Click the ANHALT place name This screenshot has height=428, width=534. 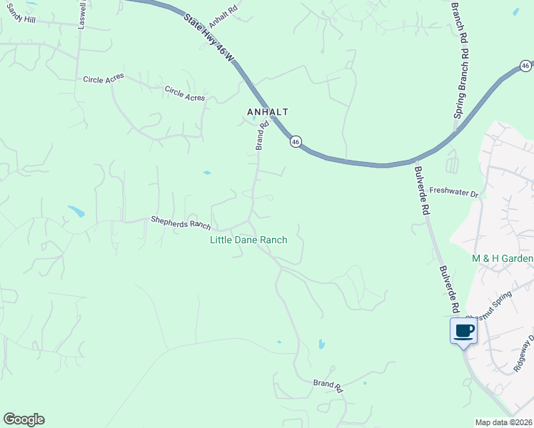(x=267, y=112)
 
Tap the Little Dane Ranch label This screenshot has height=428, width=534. (x=248, y=240)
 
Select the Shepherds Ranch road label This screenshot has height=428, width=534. (x=181, y=223)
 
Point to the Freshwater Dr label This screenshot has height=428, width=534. (x=453, y=193)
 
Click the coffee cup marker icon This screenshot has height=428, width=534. (x=463, y=330)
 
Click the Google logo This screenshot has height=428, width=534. (x=24, y=419)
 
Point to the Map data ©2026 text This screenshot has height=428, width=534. (x=503, y=422)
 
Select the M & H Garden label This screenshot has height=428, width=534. (x=503, y=258)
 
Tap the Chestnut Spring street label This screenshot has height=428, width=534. (x=488, y=305)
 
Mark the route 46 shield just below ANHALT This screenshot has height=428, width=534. (x=295, y=141)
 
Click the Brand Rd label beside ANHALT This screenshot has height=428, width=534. (x=262, y=135)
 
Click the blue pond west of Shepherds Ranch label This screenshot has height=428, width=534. (x=76, y=211)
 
